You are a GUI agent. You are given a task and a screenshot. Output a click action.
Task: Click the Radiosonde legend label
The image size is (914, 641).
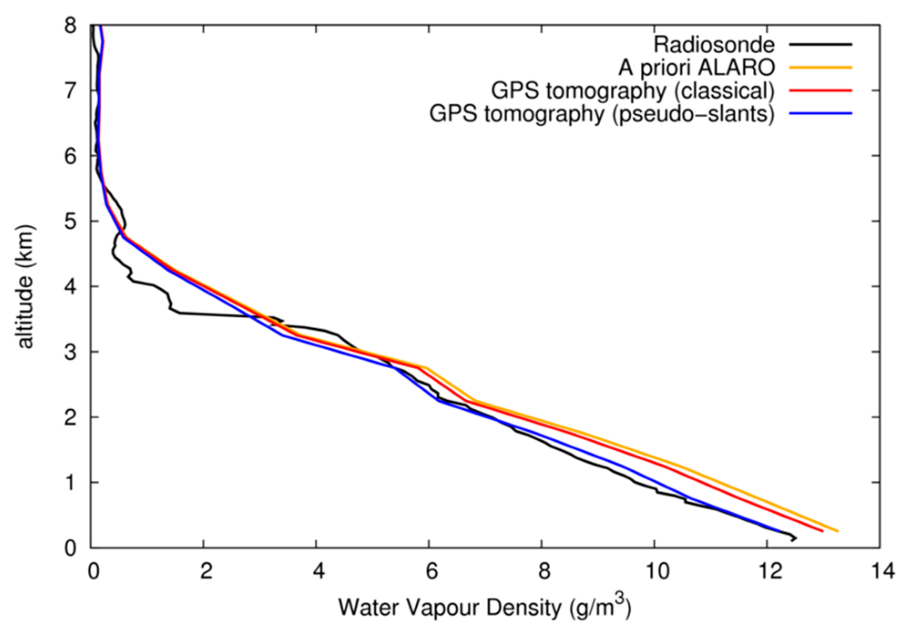714,45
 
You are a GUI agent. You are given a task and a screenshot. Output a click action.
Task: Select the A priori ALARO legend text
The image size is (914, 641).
696,68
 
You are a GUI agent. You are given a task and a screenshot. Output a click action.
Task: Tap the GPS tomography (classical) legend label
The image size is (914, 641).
633,91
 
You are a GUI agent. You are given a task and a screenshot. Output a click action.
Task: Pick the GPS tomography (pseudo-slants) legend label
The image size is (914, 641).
602,114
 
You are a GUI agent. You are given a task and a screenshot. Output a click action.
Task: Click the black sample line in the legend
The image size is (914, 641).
820,44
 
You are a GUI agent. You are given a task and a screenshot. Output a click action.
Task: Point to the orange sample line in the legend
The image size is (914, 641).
820,67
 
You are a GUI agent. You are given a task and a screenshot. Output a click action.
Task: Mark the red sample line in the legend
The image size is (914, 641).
820,91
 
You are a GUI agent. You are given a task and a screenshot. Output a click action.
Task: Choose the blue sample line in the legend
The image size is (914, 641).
820,113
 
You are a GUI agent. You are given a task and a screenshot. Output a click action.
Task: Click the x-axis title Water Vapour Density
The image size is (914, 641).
484,607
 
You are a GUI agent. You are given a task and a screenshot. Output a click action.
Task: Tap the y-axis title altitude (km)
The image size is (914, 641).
25,287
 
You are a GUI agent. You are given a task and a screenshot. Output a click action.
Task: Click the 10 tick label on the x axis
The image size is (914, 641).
657,571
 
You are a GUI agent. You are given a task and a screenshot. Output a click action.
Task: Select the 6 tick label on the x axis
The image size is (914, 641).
431,571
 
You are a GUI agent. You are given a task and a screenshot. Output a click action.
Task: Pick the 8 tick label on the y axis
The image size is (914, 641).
71,26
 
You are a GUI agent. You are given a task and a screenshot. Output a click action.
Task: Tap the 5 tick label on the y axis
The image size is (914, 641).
71,222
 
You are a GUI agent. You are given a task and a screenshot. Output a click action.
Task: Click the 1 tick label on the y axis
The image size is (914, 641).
71,483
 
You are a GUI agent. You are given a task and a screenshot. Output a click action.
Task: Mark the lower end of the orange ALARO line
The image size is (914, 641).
837,531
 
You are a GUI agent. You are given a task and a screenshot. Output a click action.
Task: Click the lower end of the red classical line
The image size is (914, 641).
822,531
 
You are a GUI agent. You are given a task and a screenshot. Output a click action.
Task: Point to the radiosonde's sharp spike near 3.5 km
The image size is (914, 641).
282,320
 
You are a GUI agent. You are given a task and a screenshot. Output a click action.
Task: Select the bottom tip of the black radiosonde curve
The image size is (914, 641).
793,540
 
